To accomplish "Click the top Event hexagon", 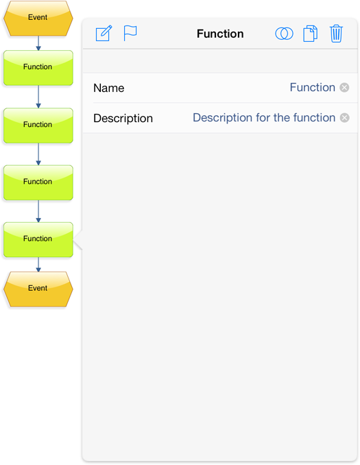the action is [38, 18].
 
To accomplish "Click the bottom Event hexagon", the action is [38, 289].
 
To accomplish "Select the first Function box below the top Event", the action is [38, 68].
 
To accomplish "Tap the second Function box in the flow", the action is [38, 126].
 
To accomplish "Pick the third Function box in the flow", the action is [38, 182].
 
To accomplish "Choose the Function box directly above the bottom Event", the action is [38, 239].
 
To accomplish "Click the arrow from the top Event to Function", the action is [38, 43].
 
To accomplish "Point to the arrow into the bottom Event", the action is [38, 265].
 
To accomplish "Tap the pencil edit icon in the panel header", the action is [104, 33].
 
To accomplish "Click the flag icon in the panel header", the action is [130, 33].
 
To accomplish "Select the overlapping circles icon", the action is [284, 34].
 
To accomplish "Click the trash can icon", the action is [336, 34].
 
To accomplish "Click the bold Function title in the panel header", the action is [220, 34].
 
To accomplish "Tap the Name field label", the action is [109, 88].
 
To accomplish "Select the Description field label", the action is [123, 119].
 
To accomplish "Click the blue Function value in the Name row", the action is [313, 88].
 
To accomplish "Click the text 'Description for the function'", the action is [264, 118].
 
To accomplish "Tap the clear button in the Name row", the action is [344, 88].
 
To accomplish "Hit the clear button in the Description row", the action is [345, 118].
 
